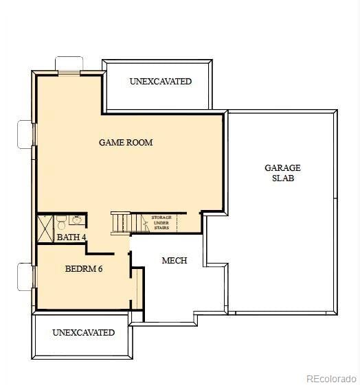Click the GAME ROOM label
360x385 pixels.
point(126,143)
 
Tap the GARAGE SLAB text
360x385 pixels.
point(282,173)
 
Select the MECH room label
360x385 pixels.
point(174,261)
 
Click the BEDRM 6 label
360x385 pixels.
point(84,269)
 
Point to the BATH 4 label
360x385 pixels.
point(71,237)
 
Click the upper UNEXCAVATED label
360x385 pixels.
point(160,82)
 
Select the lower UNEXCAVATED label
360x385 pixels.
point(83,333)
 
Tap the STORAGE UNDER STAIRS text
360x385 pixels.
point(161,222)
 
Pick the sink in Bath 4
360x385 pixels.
point(76,220)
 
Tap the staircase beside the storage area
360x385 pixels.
point(121,224)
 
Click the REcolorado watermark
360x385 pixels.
point(331,378)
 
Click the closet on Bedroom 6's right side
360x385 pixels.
point(137,288)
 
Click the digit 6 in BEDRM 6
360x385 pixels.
point(100,269)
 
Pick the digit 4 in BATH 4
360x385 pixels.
point(84,237)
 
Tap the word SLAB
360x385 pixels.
point(282,178)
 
